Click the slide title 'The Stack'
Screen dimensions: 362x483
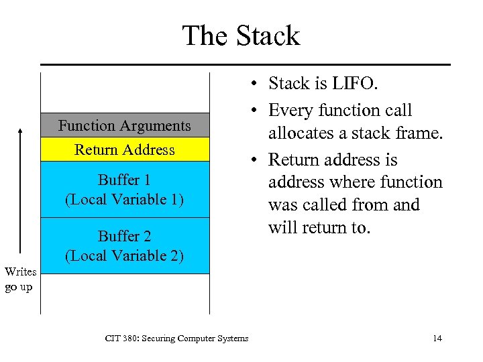241,36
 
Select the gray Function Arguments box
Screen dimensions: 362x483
125,125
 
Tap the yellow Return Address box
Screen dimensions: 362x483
125,149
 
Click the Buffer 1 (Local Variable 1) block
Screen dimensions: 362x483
125,190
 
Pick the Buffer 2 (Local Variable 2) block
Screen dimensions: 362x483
125,245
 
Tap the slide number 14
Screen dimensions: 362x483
437,339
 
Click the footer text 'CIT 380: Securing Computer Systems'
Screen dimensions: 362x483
176,339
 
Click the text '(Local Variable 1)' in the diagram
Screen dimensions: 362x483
125,199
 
